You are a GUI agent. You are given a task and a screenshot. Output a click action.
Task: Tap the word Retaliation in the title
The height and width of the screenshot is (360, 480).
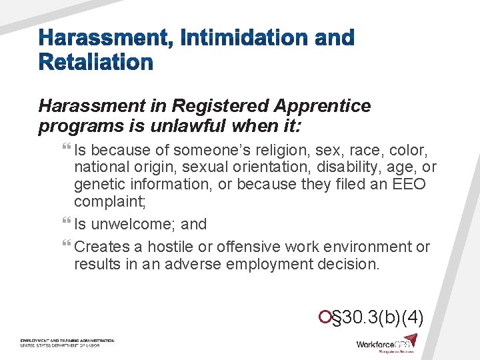[96, 63]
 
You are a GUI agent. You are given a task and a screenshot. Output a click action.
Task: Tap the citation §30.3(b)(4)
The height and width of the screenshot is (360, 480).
[378, 316]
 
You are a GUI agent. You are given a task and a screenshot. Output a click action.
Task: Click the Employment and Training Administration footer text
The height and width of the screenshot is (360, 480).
[67, 341]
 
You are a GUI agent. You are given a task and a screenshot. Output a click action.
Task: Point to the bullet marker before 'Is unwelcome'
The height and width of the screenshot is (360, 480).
[69, 224]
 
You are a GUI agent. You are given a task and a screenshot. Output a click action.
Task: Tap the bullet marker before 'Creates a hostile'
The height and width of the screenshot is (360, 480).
[69, 247]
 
